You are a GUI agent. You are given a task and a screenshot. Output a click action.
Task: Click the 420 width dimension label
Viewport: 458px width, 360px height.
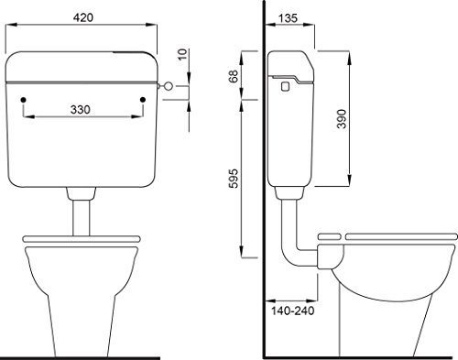point(83,17)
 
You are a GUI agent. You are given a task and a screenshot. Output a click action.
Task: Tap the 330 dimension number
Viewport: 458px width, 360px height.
point(81,110)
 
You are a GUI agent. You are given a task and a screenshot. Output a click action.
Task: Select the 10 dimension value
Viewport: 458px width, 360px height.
point(182,54)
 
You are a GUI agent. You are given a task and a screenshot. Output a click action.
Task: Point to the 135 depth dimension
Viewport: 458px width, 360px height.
point(288,18)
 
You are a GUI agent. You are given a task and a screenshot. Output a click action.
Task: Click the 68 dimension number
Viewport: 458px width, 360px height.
point(234,76)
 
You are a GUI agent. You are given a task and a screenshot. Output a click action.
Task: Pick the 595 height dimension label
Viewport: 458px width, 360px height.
point(234,179)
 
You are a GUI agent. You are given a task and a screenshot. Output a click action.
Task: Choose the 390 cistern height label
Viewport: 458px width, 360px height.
point(342,119)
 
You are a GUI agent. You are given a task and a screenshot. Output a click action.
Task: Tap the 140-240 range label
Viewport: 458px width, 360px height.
point(292,311)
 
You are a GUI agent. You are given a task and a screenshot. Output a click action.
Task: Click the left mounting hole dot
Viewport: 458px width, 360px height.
point(24,100)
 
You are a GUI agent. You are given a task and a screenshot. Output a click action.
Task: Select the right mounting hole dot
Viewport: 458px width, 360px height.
point(143,100)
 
